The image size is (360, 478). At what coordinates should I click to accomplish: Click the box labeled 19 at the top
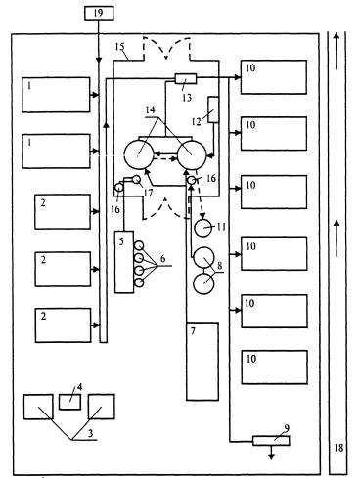99,13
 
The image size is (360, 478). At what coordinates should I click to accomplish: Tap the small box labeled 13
186,79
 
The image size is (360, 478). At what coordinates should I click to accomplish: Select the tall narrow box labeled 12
213,109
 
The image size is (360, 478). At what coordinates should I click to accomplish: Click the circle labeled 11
203,228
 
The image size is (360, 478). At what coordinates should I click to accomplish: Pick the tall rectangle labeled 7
202,361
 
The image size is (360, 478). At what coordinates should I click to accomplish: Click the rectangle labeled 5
124,262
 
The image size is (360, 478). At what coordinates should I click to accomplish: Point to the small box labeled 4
69,402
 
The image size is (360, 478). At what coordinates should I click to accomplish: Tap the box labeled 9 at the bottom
271,441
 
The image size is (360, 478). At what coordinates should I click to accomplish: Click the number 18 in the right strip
338,448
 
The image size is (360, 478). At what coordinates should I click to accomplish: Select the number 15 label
120,46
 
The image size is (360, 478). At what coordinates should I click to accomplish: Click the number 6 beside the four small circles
162,259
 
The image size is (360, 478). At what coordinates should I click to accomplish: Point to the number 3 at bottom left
90,433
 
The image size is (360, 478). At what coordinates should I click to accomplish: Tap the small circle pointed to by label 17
136,179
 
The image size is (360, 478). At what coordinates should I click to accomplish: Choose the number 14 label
150,109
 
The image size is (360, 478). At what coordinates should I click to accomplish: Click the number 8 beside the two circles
220,265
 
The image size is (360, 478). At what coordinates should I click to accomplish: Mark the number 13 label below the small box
187,97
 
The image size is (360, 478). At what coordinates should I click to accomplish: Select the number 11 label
221,226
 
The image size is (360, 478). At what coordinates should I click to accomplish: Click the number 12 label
196,122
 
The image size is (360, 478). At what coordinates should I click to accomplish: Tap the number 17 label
148,193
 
